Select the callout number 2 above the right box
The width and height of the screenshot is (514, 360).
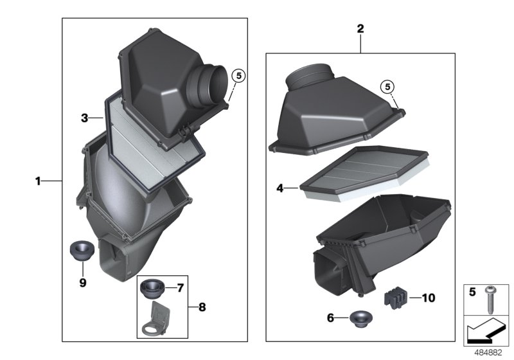click(360, 29)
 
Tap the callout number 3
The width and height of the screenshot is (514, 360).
click(84, 118)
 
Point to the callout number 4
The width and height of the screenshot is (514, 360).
click(280, 188)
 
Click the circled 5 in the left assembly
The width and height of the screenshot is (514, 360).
click(238, 75)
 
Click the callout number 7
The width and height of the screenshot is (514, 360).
click(181, 288)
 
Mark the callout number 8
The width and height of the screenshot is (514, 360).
click(202, 307)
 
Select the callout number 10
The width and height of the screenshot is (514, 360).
click(429, 298)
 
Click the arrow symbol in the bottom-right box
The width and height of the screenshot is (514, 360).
click(486, 331)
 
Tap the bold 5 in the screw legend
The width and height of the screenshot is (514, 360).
click(472, 291)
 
